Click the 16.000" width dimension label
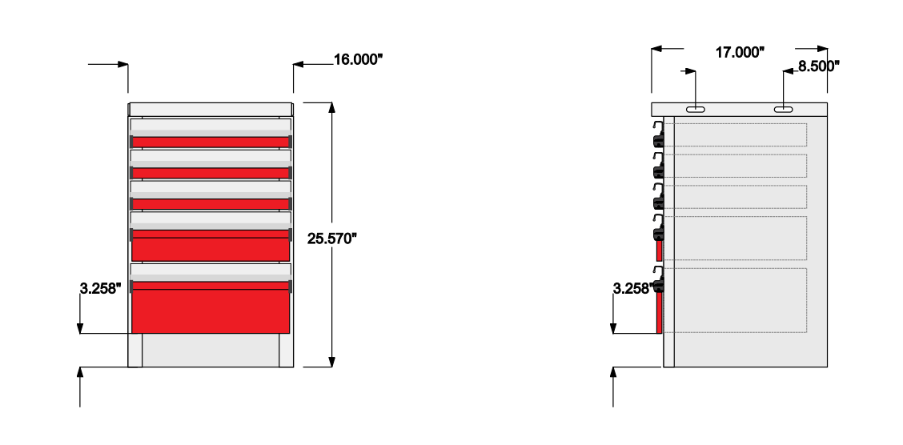coord(358,59)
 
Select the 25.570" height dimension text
coord(332,239)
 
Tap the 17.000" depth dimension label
coord(740,52)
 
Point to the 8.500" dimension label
coord(818,66)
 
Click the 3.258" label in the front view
coord(101,288)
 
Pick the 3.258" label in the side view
coord(634,288)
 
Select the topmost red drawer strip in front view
coord(211,142)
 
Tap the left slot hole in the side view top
coord(696,110)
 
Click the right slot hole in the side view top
coord(783,110)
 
